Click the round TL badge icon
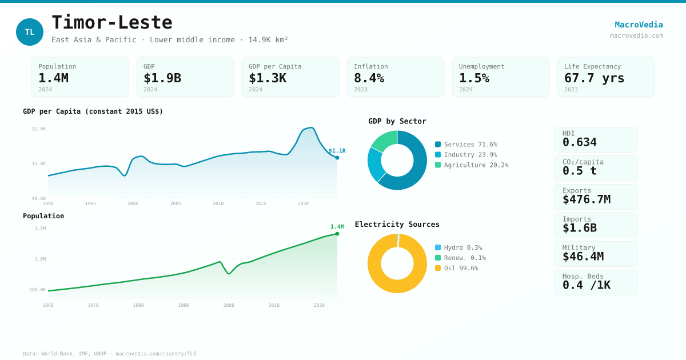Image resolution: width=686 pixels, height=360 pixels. (30, 32)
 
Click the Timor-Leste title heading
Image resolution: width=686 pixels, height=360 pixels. (112, 22)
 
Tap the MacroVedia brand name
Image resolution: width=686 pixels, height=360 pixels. (639, 25)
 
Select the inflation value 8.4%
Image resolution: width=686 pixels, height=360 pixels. (369, 78)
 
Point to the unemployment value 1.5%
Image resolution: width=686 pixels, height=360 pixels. (474, 78)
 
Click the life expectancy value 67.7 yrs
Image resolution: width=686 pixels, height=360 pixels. (594, 78)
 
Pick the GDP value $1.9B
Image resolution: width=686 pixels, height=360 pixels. (162, 78)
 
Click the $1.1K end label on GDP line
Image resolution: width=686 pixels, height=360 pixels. (337, 151)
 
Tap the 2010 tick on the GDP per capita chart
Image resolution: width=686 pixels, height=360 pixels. (218, 203)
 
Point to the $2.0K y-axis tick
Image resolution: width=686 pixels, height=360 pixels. (39, 129)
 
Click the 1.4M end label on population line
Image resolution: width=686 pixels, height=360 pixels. (337, 227)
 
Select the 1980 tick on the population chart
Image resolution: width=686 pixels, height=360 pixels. (138, 305)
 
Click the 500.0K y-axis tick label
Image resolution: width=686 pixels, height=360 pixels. (38, 290)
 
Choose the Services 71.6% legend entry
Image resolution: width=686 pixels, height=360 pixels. (466, 145)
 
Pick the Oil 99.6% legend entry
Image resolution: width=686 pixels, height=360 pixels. (456, 268)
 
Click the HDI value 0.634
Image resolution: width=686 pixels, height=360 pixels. (579, 142)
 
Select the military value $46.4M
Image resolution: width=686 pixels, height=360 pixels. (583, 257)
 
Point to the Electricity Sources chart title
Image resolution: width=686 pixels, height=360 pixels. (397, 224)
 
